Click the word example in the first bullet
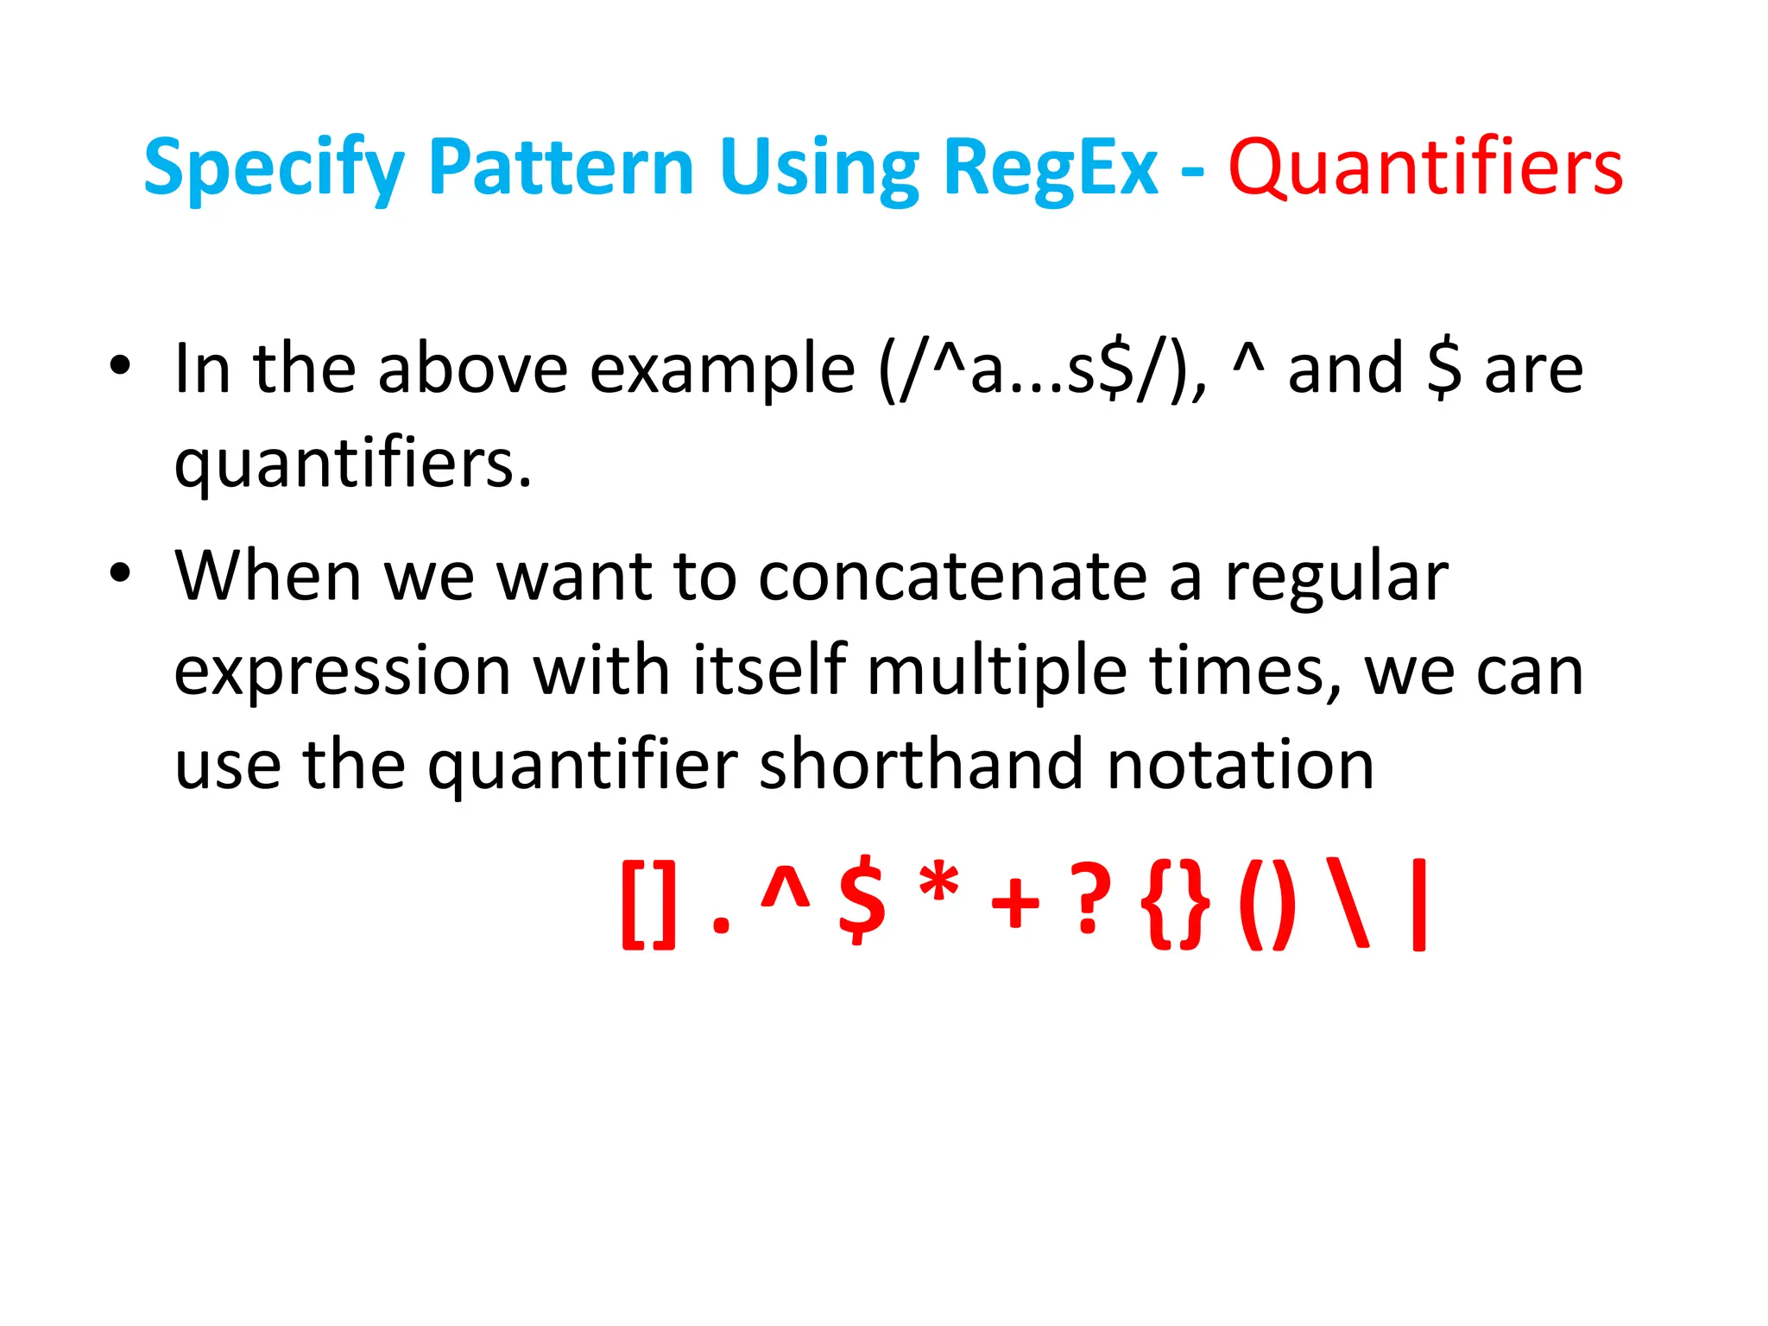pyautogui.click(x=723, y=369)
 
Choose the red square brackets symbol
pyautogui.click(x=648, y=906)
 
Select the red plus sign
pyautogui.click(x=1015, y=906)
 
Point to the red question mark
pyautogui.click(x=1089, y=903)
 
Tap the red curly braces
pyautogui.click(x=1175, y=906)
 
